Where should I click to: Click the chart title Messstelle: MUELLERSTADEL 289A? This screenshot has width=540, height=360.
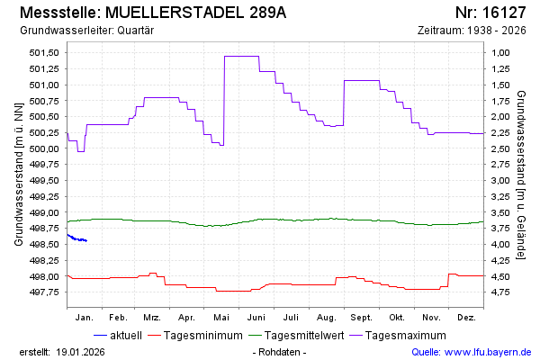[152, 13]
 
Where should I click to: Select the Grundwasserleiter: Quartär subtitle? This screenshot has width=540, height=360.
[86, 31]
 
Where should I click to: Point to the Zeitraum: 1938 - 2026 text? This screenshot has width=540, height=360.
[472, 31]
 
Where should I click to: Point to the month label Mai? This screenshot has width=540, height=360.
[221, 318]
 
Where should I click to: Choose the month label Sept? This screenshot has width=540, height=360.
[361, 318]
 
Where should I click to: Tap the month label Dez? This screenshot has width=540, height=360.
[466, 318]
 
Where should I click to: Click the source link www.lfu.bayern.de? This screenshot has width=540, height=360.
[489, 351]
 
